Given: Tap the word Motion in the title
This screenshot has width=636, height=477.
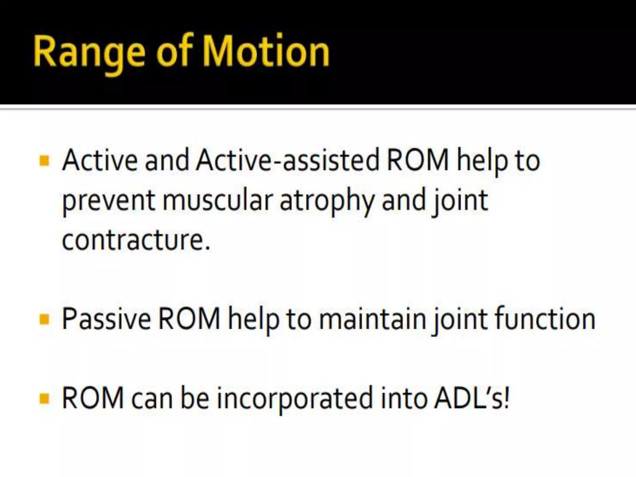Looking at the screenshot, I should tap(267, 51).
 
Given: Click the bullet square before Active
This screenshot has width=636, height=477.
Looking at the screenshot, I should tap(45, 161).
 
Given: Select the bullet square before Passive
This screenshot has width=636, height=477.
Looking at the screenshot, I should tap(45, 319).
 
